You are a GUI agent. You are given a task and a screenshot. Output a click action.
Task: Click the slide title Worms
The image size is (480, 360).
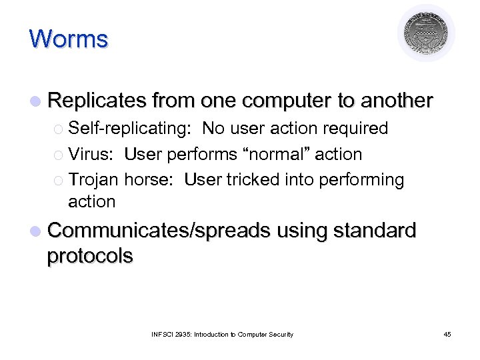pyautogui.click(x=68, y=39)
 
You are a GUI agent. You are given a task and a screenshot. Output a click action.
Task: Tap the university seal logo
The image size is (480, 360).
pyautogui.click(x=426, y=33)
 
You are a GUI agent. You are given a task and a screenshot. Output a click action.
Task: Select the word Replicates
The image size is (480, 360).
pyautogui.click(x=97, y=101)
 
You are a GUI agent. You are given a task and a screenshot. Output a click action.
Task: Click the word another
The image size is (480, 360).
pyautogui.click(x=397, y=101)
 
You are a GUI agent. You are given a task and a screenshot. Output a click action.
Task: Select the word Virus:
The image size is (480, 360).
pyautogui.click(x=93, y=154)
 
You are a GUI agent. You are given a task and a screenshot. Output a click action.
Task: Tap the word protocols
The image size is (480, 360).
pyautogui.click(x=90, y=256)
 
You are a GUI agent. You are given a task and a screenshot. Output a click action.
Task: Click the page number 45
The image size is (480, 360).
pyautogui.click(x=447, y=334)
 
